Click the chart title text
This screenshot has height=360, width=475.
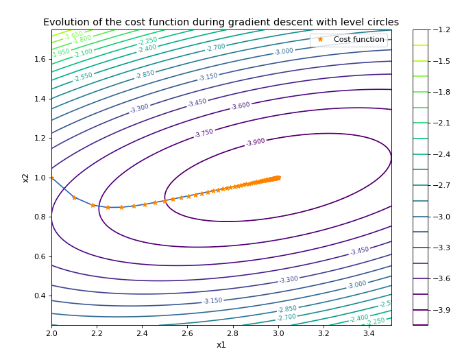[221, 22]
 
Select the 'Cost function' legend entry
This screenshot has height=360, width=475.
[358, 40]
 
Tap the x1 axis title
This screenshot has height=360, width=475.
[221, 345]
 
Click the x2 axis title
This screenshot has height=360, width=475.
[25, 178]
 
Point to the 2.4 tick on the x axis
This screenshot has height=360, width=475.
[142, 333]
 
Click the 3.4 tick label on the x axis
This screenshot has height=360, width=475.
[368, 333]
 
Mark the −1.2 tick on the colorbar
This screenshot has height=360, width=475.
[443, 30]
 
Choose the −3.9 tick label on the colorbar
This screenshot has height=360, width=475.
[443, 310]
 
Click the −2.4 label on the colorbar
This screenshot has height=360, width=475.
[443, 154]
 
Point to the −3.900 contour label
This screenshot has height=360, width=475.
[255, 142]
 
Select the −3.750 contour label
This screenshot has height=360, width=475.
[204, 133]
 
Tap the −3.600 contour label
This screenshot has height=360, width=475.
[240, 106]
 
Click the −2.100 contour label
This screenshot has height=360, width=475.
[83, 53]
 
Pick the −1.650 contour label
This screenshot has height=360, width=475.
[73, 34]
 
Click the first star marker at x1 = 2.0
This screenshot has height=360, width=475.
[52, 178]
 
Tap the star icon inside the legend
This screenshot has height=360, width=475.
[320, 40]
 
